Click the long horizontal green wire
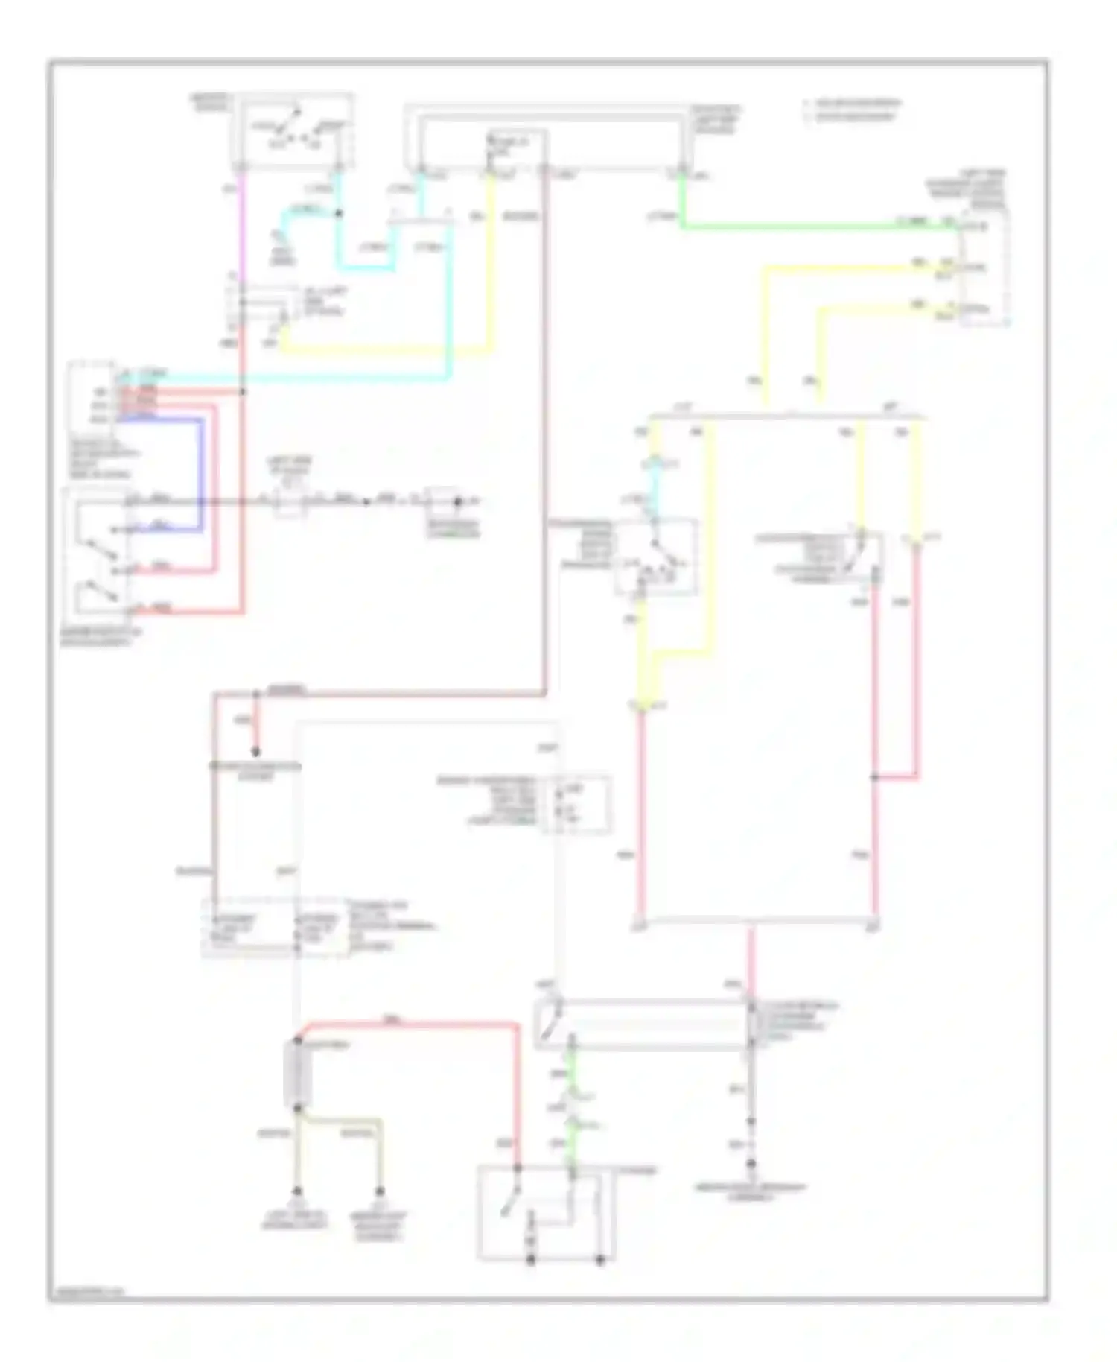pyautogui.click(x=819, y=226)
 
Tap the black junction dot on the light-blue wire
pyautogui.click(x=338, y=214)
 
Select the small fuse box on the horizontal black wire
pyautogui.click(x=290, y=501)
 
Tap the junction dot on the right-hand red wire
pyautogui.click(x=874, y=777)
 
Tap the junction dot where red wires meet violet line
pyautogui.click(x=243, y=391)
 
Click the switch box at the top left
pyautogui.click(x=293, y=130)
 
